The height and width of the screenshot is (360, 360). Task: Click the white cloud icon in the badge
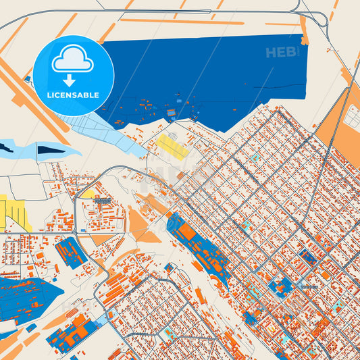click(73, 59)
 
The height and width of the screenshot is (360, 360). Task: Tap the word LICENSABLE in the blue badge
click(73, 95)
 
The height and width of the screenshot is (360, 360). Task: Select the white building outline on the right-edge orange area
click(352, 115)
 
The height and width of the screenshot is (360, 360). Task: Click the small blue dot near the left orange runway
click(28, 79)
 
